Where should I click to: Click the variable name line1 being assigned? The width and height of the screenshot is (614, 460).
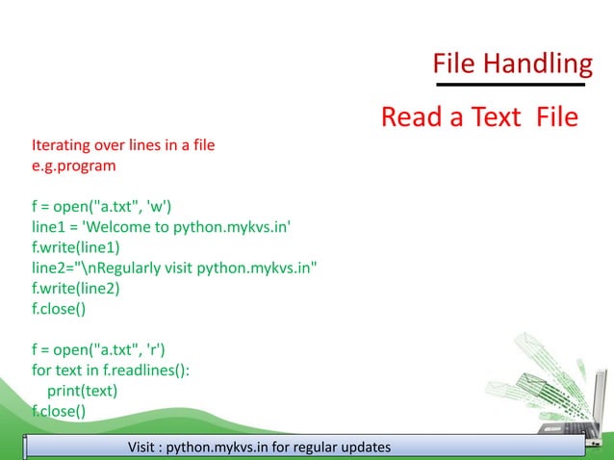[49, 227]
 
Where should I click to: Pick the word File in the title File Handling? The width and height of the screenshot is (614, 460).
[455, 64]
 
